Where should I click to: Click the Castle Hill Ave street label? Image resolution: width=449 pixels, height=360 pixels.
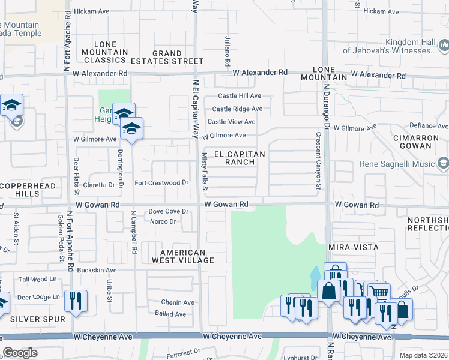coord(239,96)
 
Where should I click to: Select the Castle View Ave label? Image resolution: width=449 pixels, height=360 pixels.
coord(232,122)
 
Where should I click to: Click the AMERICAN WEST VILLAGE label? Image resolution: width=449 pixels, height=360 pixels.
coord(183,256)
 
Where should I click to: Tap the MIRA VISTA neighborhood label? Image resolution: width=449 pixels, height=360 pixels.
coord(353,247)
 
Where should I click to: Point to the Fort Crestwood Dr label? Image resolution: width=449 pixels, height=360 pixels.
coord(161,182)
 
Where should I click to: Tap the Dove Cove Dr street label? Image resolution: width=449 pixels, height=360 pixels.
coord(169,211)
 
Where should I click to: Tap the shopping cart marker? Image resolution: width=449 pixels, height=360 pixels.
coord(378,293)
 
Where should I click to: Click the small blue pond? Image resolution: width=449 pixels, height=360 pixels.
coord(315,277)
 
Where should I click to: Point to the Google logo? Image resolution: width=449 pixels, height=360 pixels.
coord(20,353)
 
